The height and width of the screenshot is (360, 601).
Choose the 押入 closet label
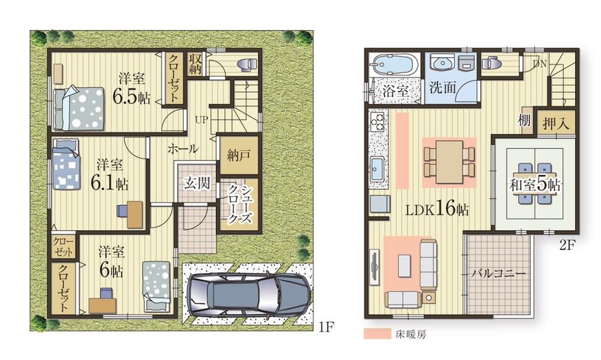click(x=556, y=124)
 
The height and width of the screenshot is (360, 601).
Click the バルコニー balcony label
click(x=498, y=273)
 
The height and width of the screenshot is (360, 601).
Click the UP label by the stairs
click(x=202, y=119)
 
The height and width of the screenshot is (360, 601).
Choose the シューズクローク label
click(x=239, y=204)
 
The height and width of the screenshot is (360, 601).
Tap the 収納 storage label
click(x=196, y=64)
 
